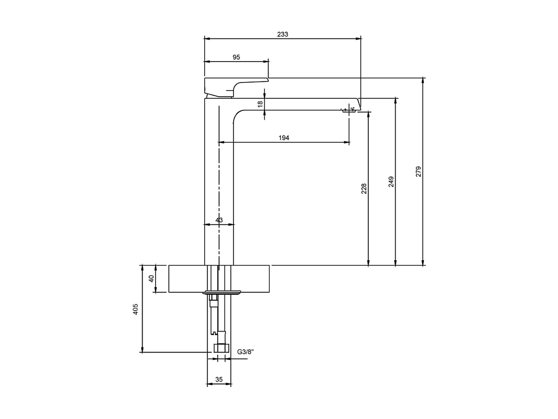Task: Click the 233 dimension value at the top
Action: tap(283, 34)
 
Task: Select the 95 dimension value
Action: tap(236, 57)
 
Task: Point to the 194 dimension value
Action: tap(284, 138)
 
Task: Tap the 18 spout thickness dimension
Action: tap(260, 104)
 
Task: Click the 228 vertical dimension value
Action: tap(364, 188)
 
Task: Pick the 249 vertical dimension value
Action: tap(391, 181)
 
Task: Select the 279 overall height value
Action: tap(418, 171)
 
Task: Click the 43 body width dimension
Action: tap(219, 220)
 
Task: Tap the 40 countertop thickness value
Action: tap(152, 278)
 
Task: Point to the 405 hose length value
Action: tap(136, 309)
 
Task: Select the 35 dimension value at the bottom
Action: tap(219, 379)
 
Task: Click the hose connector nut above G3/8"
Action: tap(221, 348)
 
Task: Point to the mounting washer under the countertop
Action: tap(222, 293)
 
